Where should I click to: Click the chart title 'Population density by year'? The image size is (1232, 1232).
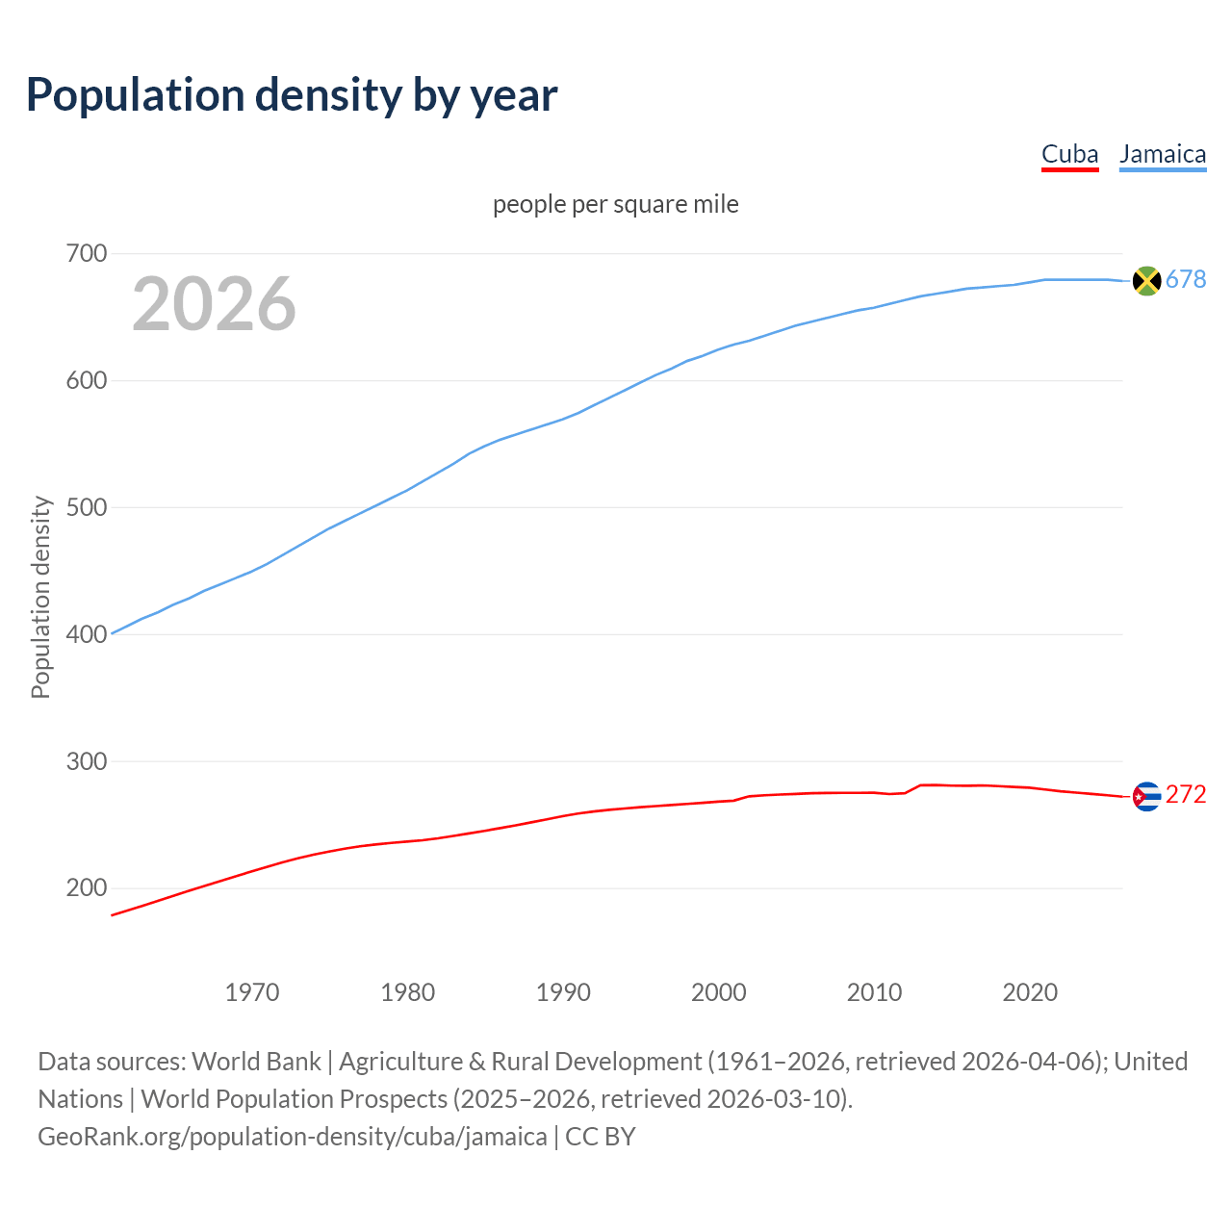pyautogui.click(x=292, y=95)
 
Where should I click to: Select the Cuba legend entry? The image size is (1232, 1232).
pyautogui.click(x=1069, y=154)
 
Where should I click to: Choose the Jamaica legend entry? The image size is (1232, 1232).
pyautogui.click(x=1163, y=154)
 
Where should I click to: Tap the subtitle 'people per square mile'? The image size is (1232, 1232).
pyautogui.click(x=615, y=205)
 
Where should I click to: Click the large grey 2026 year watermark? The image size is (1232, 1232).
pyautogui.click(x=214, y=304)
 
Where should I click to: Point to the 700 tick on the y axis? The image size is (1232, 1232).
pyautogui.click(x=86, y=254)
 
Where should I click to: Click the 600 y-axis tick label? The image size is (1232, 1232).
pyautogui.click(x=86, y=381)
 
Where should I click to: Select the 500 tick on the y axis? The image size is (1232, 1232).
pyautogui.click(x=86, y=507)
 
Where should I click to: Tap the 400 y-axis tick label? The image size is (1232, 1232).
pyautogui.click(x=86, y=634)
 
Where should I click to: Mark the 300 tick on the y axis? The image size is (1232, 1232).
pyautogui.click(x=86, y=761)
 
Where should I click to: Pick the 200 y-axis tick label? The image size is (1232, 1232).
pyautogui.click(x=86, y=888)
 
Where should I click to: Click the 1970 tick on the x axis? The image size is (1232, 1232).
pyautogui.click(x=252, y=992)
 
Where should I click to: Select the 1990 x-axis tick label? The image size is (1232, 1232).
pyautogui.click(x=563, y=992)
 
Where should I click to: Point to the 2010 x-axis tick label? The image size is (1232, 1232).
pyautogui.click(x=874, y=992)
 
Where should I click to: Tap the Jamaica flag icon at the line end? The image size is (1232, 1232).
pyautogui.click(x=1146, y=280)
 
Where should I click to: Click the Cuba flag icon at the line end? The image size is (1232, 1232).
pyautogui.click(x=1146, y=796)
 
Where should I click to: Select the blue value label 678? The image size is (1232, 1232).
pyautogui.click(x=1186, y=279)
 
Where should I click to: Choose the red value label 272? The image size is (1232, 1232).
pyautogui.click(x=1186, y=795)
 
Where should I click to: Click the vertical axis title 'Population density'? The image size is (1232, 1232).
pyautogui.click(x=40, y=597)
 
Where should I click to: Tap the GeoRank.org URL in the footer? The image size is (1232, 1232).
pyautogui.click(x=293, y=1137)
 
